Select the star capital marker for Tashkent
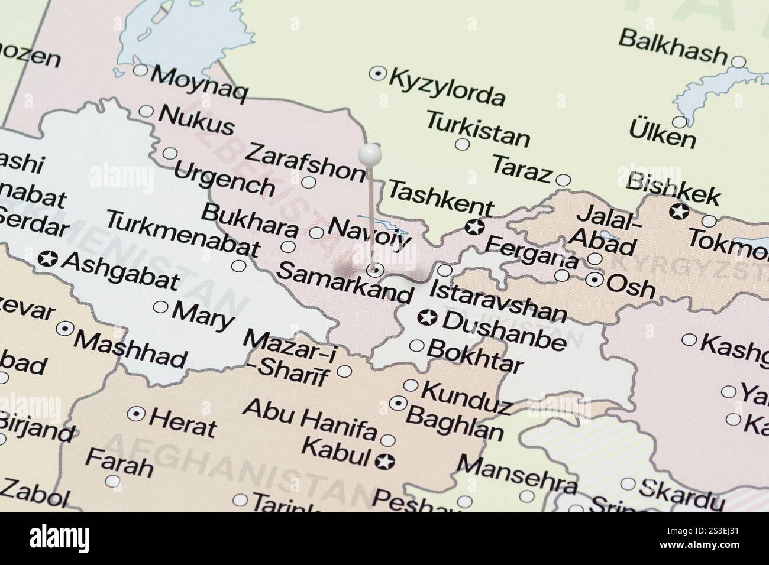(473, 226)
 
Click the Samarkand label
(344, 282)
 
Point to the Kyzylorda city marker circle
(377, 74)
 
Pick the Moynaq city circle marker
(140, 70)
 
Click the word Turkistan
(478, 128)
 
